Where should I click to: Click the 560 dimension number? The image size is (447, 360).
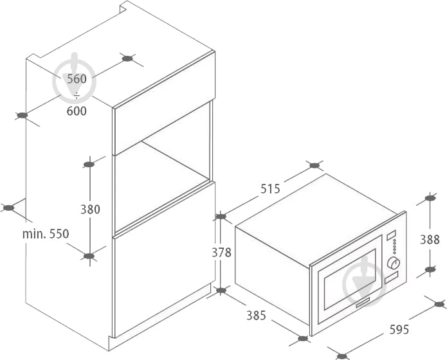77,79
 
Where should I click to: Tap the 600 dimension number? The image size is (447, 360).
77,111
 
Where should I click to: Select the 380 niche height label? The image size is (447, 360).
90,210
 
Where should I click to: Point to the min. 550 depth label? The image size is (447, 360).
46,234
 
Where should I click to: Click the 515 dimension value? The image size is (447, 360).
270,189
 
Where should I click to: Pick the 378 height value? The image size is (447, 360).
221,253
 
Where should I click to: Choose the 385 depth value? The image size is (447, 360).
256,316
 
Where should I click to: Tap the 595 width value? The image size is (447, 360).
399,330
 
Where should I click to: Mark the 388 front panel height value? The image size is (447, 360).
430,240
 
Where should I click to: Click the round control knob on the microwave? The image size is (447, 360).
394,263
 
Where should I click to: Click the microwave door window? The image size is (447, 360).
350,280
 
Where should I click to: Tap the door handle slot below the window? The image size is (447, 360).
362,303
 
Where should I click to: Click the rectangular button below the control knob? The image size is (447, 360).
391,278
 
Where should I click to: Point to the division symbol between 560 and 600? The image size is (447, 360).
77,96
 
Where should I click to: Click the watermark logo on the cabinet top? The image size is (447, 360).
74,78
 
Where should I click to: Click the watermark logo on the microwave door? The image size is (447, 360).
364,281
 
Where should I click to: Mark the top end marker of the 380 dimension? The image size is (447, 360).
89,165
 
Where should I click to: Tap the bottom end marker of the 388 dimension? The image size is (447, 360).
430,269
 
